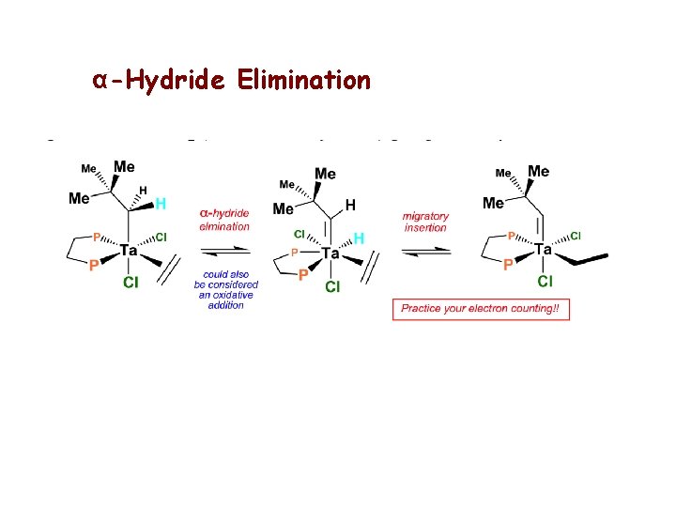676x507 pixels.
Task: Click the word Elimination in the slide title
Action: [x=304, y=80]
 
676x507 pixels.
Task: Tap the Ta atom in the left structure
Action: [x=129, y=252]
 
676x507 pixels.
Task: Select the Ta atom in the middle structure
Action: [x=330, y=253]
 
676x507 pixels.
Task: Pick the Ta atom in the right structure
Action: [x=543, y=251]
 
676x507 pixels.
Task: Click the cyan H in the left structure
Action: [x=161, y=204]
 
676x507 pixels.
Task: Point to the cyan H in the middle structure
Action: [x=359, y=239]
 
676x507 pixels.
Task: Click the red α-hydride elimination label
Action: [x=225, y=220]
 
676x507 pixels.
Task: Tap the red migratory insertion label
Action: [x=424, y=222]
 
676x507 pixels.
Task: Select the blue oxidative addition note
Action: [x=226, y=289]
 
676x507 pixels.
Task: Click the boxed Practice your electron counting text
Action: [x=481, y=309]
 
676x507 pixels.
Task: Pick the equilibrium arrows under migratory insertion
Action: [x=424, y=252]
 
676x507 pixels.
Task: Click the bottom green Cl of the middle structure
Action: [x=332, y=286]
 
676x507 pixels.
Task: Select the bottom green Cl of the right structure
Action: [x=545, y=281]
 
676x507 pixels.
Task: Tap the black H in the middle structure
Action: [x=350, y=205]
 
